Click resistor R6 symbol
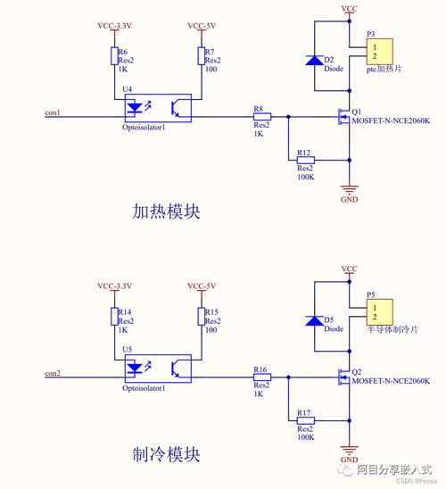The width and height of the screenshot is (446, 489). (114, 56)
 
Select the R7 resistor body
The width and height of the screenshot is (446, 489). (202, 56)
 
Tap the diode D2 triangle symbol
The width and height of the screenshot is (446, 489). (315, 60)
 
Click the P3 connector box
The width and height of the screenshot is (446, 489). (379, 52)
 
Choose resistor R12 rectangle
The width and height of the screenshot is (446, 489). (305, 161)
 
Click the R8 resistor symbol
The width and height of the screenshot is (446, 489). (262, 117)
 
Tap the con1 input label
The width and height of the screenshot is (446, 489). (53, 112)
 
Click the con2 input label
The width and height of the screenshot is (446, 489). (53, 373)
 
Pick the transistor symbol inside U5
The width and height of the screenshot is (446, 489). (176, 369)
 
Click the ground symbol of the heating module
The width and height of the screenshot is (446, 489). (349, 189)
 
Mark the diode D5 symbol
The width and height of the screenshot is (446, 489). (315, 320)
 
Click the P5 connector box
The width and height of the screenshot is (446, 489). (379, 311)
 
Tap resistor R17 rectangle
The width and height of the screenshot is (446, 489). (305, 420)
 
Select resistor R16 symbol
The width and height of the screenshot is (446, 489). (262, 377)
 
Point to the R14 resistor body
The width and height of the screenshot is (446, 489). (114, 317)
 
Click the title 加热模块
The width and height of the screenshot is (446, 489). (166, 211)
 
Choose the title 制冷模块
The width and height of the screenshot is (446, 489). (166, 454)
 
